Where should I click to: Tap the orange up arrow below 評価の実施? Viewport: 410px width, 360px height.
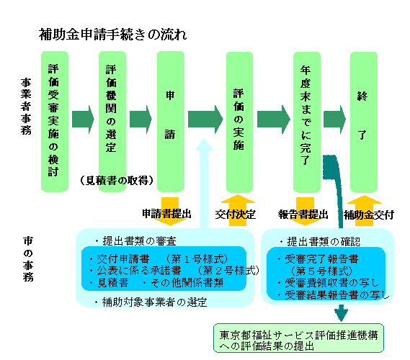[239, 210]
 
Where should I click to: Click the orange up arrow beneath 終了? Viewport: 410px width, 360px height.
[363, 210]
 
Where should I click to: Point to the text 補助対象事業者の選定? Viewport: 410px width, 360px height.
[151, 302]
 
